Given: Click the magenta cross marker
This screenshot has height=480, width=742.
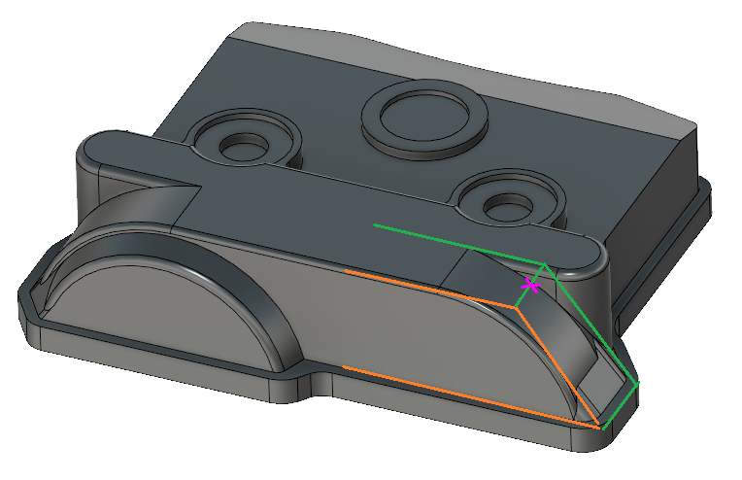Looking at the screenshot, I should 530,285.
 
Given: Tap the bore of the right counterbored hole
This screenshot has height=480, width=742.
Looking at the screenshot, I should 502,205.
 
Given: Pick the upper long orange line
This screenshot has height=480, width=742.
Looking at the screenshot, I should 427,288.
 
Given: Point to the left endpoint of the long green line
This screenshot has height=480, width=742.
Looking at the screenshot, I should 376,225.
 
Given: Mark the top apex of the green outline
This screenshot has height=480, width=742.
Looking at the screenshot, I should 546,263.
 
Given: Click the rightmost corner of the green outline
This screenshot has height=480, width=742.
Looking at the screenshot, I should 639,385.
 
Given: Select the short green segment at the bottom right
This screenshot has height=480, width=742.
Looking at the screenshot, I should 620,406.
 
